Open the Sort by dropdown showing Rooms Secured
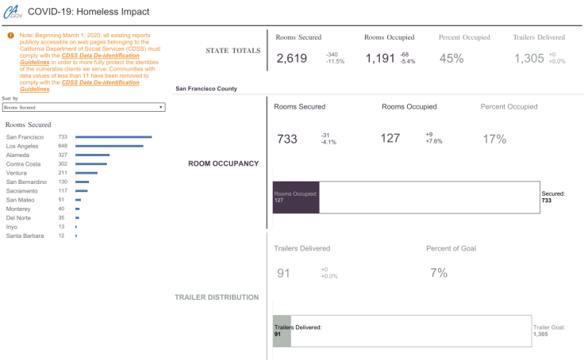pos(83,106)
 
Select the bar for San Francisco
pos(113,137)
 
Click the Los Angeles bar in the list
pos(109,146)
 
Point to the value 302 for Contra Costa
pos(63,164)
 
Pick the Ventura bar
pos(86,173)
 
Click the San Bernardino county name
pos(26,182)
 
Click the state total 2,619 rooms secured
pos(291,58)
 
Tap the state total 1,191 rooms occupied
pos(380,58)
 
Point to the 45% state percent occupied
pos(451,58)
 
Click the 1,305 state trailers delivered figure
pos(528,58)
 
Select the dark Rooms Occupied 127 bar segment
pos(296,197)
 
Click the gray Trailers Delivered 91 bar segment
pos(282,330)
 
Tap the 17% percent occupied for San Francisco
pos(494,139)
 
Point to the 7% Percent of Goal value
pos(439,273)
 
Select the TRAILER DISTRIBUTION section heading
pos(217,297)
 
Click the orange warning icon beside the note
pos(10,36)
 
